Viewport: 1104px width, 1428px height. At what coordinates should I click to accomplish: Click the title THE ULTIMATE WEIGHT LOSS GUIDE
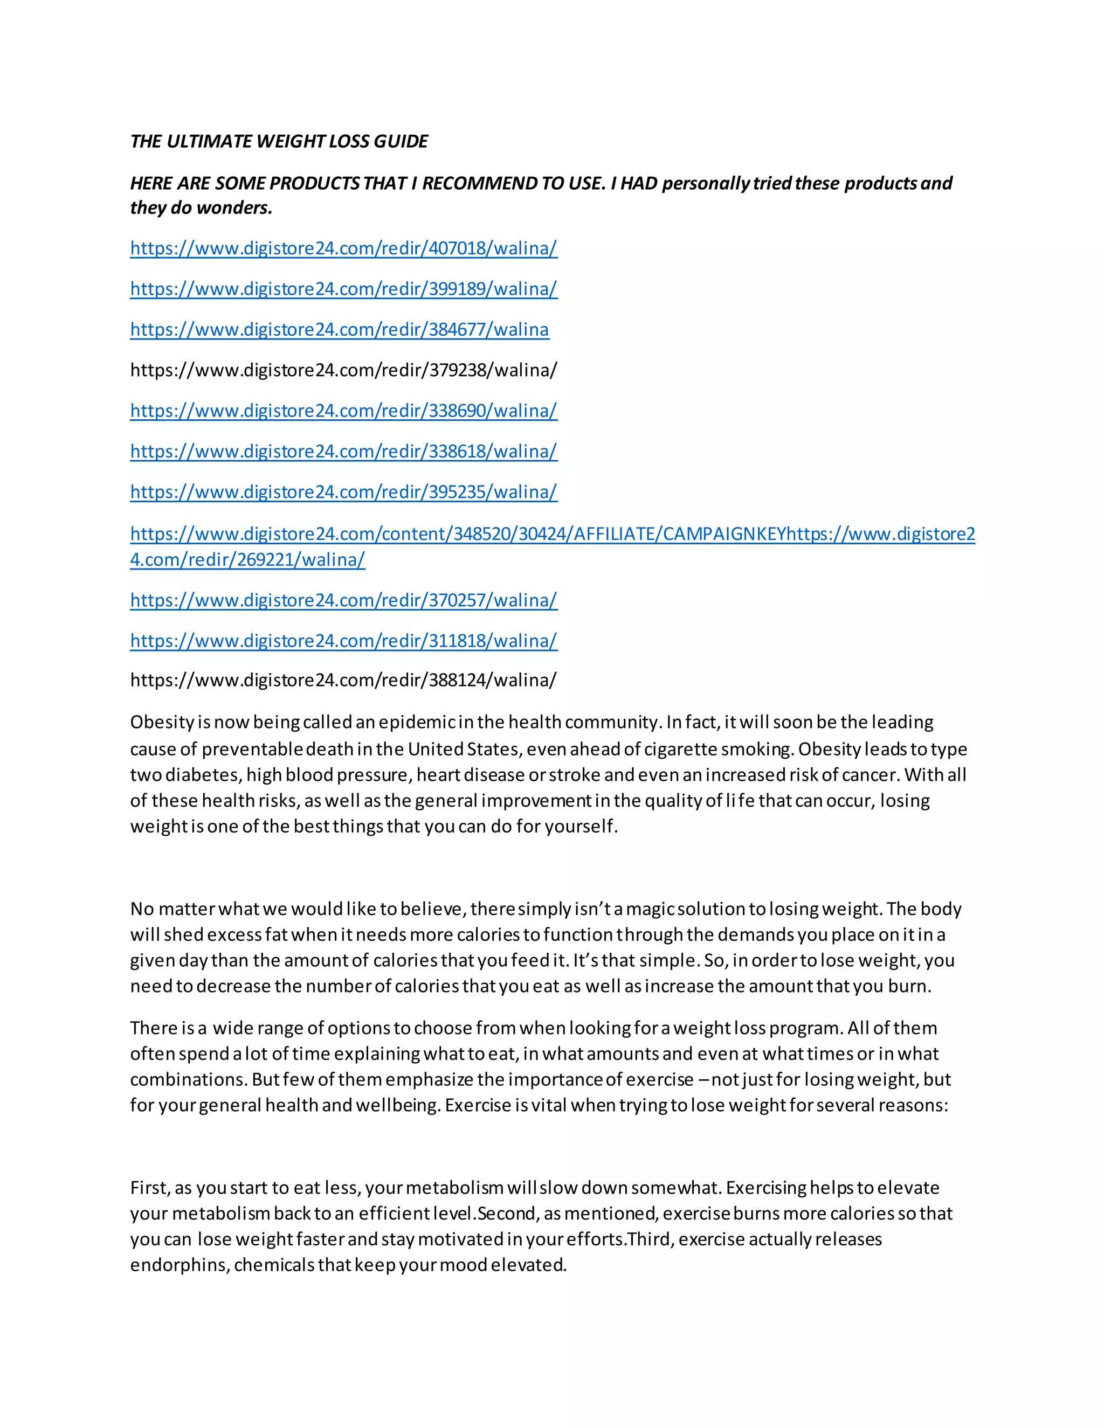coord(279,141)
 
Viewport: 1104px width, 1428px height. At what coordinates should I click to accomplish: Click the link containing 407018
coord(343,248)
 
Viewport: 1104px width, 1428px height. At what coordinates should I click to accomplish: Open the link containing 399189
coord(343,289)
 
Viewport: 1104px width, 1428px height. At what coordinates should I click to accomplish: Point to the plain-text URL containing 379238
coord(343,370)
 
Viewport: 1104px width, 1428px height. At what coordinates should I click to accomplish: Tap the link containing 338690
coord(343,411)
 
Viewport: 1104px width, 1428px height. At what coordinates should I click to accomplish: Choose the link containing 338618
coord(343,451)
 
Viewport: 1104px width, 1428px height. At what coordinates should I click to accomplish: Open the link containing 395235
coord(343,491)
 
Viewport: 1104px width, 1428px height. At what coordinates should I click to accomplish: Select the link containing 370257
coord(343,600)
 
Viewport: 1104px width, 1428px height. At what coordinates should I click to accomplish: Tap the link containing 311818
coord(343,641)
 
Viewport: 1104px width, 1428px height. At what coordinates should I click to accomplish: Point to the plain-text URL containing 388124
coord(343,680)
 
